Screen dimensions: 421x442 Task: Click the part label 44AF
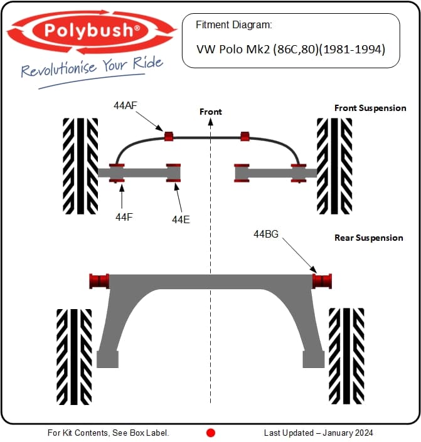pyautogui.click(x=125, y=105)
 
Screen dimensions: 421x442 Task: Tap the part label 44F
pyautogui.click(x=124, y=217)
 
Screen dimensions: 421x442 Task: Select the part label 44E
pyautogui.click(x=181, y=219)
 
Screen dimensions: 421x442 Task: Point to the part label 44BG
pyautogui.click(x=266, y=234)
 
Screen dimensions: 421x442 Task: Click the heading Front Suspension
pyautogui.click(x=370, y=108)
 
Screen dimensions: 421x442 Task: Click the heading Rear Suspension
pyautogui.click(x=368, y=238)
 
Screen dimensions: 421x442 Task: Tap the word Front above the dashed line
pyautogui.click(x=211, y=112)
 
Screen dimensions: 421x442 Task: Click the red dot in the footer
pyautogui.click(x=211, y=433)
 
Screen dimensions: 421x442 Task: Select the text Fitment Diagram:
pyautogui.click(x=234, y=25)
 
